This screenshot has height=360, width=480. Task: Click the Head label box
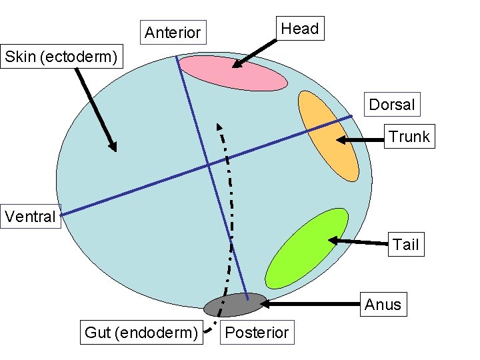[x=299, y=29]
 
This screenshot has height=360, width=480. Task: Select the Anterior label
[x=172, y=32]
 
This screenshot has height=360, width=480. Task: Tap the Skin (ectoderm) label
[x=63, y=57]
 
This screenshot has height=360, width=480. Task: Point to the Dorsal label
[x=392, y=104]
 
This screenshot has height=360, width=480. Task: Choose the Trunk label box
[x=409, y=137]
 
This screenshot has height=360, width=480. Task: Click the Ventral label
[x=31, y=217]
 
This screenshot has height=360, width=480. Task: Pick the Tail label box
[x=405, y=245]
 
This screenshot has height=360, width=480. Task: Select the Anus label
[x=383, y=305]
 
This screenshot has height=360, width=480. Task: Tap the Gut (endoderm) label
[x=141, y=332]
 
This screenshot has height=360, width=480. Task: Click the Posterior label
[x=257, y=332]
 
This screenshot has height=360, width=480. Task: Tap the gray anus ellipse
[x=235, y=305]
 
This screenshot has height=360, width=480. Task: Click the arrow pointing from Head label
[x=253, y=53]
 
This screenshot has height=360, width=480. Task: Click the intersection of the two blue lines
[x=208, y=164]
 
